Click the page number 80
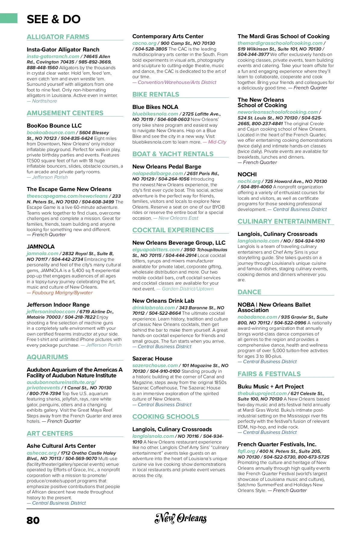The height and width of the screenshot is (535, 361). point(33,520)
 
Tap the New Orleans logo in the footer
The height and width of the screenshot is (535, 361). point(180,518)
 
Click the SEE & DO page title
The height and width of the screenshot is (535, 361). point(54,19)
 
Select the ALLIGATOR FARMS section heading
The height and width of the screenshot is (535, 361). point(58,37)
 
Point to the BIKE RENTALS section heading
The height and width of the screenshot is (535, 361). point(156,94)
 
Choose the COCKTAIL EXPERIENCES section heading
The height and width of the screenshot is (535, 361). point(173,230)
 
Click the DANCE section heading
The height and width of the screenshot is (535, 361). point(249,292)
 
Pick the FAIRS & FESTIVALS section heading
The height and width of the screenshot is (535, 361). point(269,374)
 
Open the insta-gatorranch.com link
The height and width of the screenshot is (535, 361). point(53,57)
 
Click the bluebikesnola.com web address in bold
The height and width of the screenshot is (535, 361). point(155,114)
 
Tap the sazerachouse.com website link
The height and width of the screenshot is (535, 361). point(155,366)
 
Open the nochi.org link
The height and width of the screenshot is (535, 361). point(249,181)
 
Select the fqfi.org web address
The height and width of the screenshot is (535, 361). point(246,451)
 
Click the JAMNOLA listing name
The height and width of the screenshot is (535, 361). point(41,247)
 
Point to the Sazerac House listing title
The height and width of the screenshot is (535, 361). point(152,359)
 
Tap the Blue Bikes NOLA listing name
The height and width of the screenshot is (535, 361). point(155,107)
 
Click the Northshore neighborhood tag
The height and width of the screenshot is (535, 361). point(44,101)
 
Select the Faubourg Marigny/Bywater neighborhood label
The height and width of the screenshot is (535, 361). point(62,293)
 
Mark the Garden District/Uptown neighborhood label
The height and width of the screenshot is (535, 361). point(188,289)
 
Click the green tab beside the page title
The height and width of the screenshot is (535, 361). point(9,18)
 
